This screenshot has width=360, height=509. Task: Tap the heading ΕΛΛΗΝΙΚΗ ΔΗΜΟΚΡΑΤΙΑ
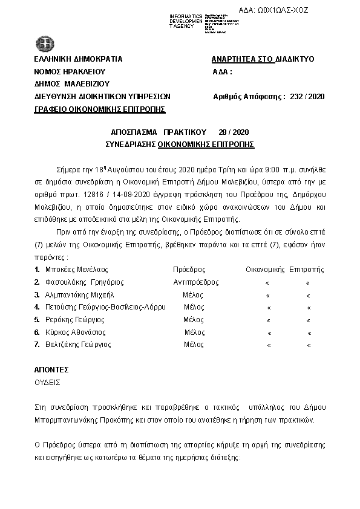click(79, 59)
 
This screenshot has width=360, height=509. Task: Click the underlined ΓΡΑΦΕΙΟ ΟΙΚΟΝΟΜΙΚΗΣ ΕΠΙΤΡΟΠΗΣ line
click(100, 109)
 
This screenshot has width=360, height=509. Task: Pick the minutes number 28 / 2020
click(233, 132)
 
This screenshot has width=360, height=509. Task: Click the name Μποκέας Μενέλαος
click(77, 270)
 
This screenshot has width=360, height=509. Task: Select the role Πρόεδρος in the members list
click(189, 270)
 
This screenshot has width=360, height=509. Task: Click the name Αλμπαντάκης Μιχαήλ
click(79, 295)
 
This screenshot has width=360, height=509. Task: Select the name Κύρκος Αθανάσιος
click(75, 332)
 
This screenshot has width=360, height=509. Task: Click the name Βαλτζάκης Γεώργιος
click(78, 345)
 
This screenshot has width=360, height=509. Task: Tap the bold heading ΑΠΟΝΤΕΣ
click(51, 369)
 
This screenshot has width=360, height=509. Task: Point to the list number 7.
click(38, 345)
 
